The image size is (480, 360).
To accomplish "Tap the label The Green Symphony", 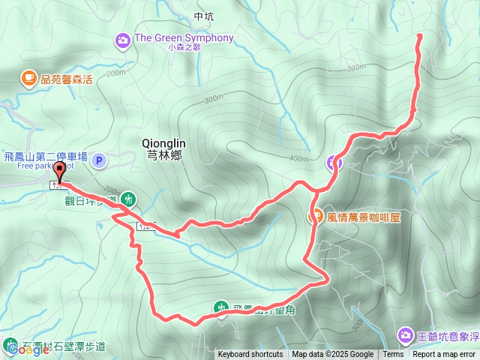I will pyautogui.click(x=184, y=37).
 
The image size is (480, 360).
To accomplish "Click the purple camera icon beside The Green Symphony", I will pyautogui.click(x=122, y=40).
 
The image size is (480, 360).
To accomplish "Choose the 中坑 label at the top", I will pyautogui.click(x=203, y=16).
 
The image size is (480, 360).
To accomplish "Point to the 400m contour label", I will pyautogui.click(x=298, y=158).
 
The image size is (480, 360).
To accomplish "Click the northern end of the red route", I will pyautogui.click(x=418, y=34).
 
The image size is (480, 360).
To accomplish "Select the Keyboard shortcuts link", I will pyautogui.click(x=250, y=355).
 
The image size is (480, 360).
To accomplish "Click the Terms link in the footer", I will pyautogui.click(x=393, y=355).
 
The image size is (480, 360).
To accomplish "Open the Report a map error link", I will pyautogui.click(x=444, y=355).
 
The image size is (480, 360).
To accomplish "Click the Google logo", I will pyautogui.click(x=24, y=349).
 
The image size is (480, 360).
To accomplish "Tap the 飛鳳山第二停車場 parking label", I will pyautogui.click(x=44, y=157).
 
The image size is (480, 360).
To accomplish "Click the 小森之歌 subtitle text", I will pyautogui.click(x=184, y=47).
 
